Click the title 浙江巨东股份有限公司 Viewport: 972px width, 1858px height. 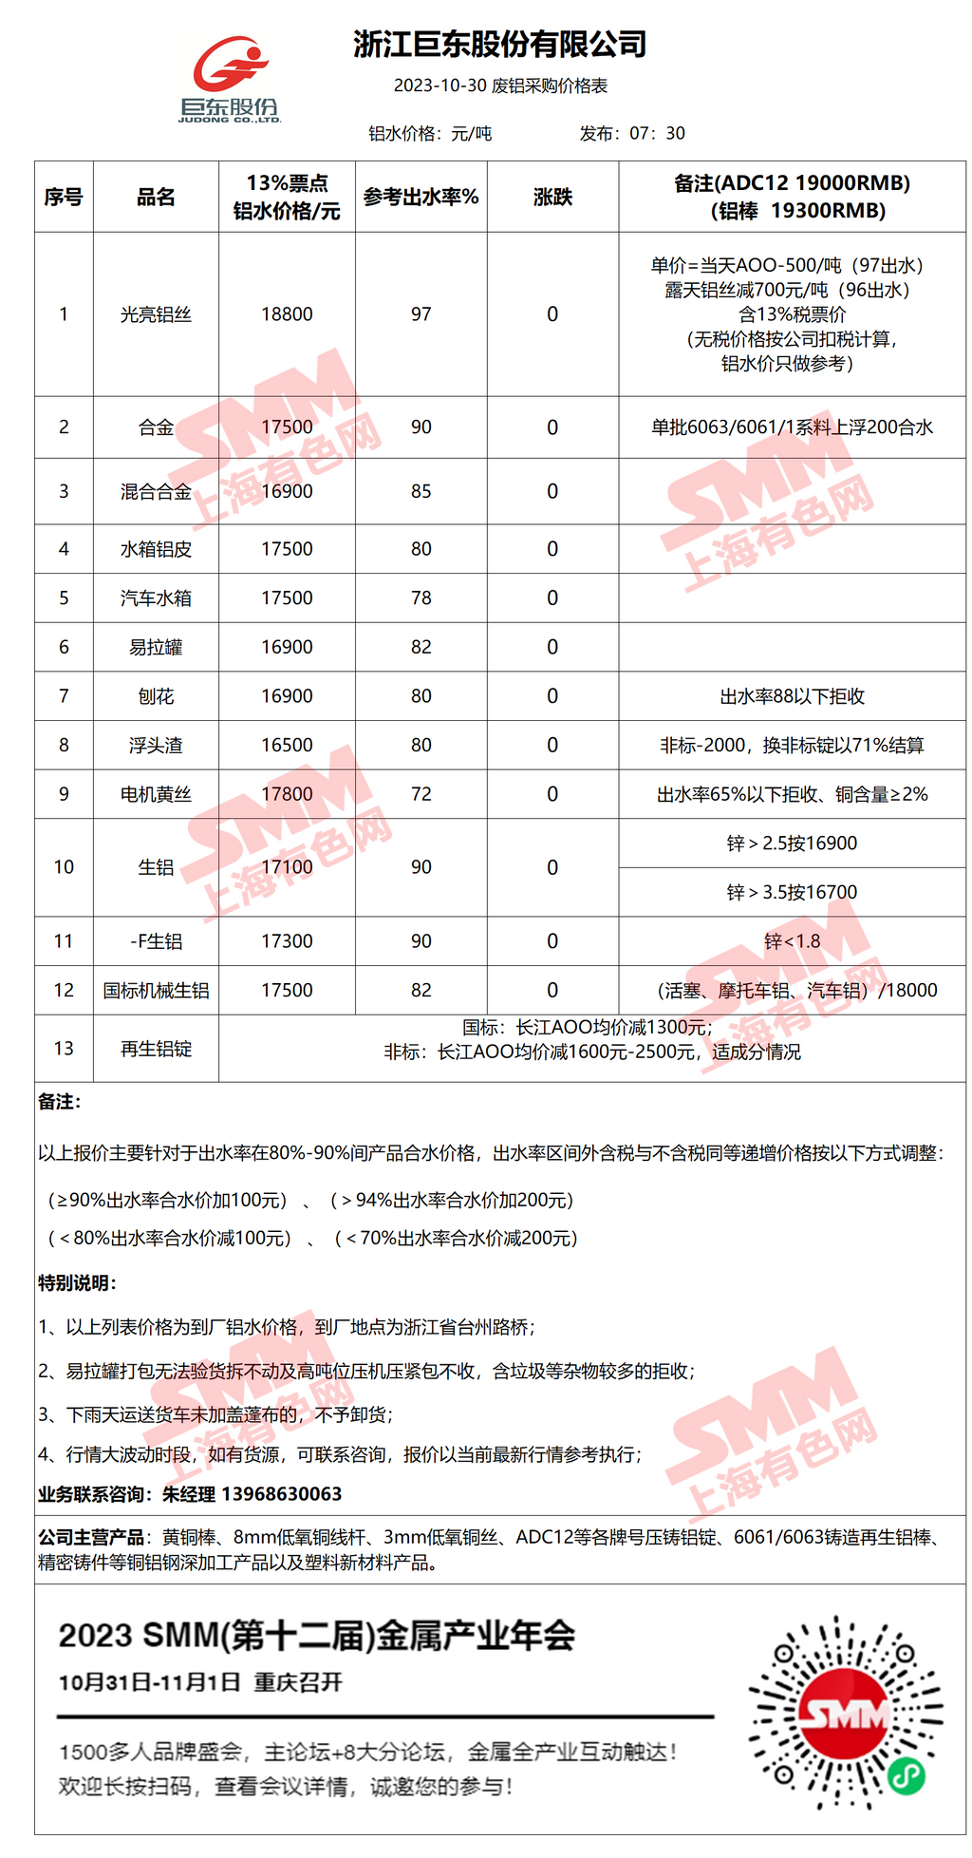click(x=499, y=44)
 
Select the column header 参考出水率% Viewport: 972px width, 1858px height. click(x=421, y=197)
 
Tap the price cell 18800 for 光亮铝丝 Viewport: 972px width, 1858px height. click(x=287, y=314)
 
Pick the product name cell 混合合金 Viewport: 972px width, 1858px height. click(x=156, y=491)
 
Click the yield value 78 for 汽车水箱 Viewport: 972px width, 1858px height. click(x=421, y=598)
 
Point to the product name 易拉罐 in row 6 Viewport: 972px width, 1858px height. click(x=156, y=647)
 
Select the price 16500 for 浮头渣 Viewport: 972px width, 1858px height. click(x=287, y=746)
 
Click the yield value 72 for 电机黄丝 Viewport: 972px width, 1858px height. click(x=421, y=794)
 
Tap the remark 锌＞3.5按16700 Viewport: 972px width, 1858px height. click(x=792, y=892)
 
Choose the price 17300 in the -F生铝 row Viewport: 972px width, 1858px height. click(x=287, y=941)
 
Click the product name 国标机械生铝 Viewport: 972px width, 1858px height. click(x=156, y=991)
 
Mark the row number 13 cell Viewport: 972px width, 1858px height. click(x=64, y=1049)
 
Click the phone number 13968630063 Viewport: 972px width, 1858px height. click(x=281, y=1494)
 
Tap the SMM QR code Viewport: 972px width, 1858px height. click(x=846, y=1713)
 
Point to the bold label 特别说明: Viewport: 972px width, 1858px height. click(x=77, y=1283)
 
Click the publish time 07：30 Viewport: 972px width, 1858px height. click(x=657, y=134)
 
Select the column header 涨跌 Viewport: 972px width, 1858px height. click(x=552, y=197)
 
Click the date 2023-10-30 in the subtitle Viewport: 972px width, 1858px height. click(x=439, y=85)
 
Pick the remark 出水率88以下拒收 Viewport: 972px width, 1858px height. click(x=792, y=696)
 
